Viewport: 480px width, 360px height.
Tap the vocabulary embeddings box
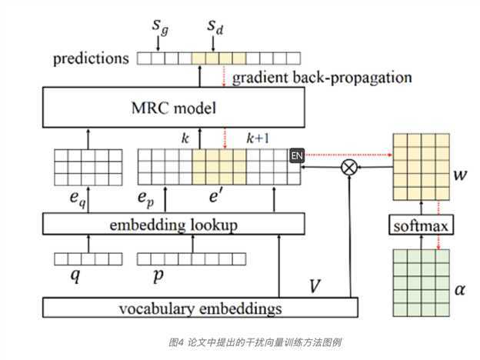[x=200, y=309]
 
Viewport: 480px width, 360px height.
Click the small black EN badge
[x=297, y=156]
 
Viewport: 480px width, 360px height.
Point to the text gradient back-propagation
[x=322, y=78]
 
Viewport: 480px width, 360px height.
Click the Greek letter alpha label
[x=460, y=289]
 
